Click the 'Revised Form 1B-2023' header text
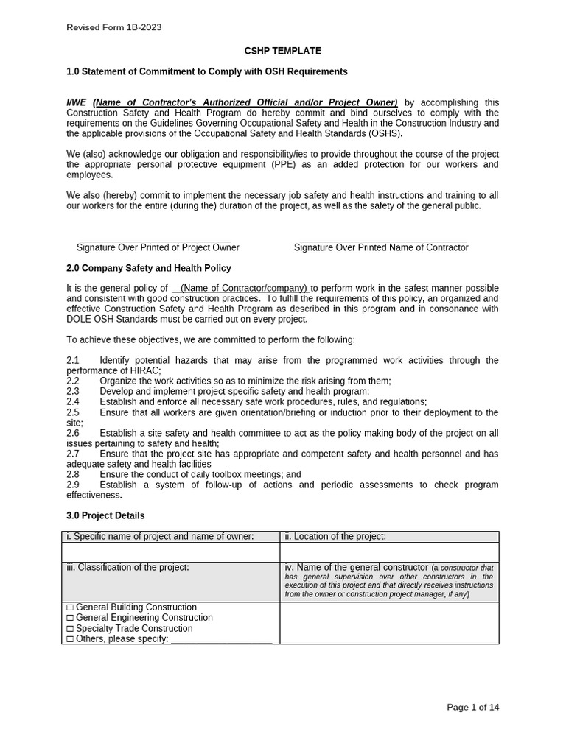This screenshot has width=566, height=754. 113,27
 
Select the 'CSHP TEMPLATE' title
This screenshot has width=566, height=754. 283,51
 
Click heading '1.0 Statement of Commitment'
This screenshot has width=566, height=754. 206,71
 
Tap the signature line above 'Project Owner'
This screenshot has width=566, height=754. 154,241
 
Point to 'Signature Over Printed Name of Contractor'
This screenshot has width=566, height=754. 381,247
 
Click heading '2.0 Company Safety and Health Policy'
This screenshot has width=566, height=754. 148,268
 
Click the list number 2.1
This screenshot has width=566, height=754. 72,360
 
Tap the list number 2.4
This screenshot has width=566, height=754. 72,401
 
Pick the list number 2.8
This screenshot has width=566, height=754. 72,475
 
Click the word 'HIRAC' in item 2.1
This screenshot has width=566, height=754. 145,370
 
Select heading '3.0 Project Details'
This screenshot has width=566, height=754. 105,515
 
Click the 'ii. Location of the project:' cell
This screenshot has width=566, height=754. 335,537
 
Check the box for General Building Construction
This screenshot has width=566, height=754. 70,607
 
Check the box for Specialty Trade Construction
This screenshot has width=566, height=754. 70,629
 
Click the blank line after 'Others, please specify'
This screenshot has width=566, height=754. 221,639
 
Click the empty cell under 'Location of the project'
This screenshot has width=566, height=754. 389,552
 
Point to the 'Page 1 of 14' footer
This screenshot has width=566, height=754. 472,708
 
